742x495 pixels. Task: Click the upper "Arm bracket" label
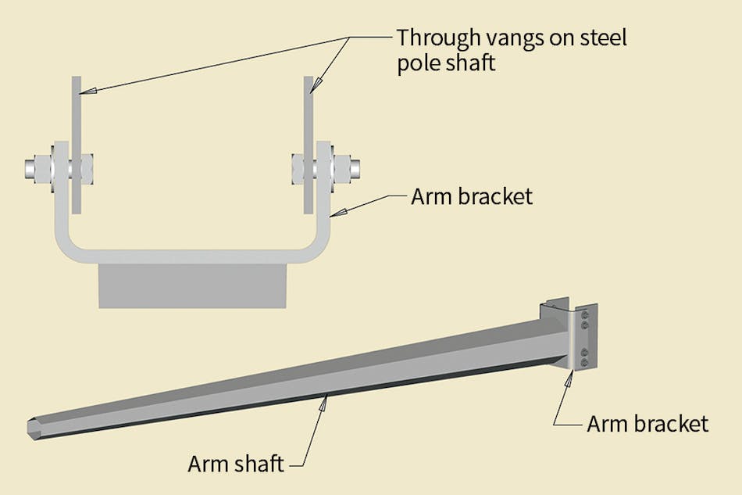(471, 195)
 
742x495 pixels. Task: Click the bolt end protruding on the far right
(353, 167)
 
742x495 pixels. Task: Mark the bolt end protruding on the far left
(33, 167)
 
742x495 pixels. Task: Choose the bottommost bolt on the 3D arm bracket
(584, 363)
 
